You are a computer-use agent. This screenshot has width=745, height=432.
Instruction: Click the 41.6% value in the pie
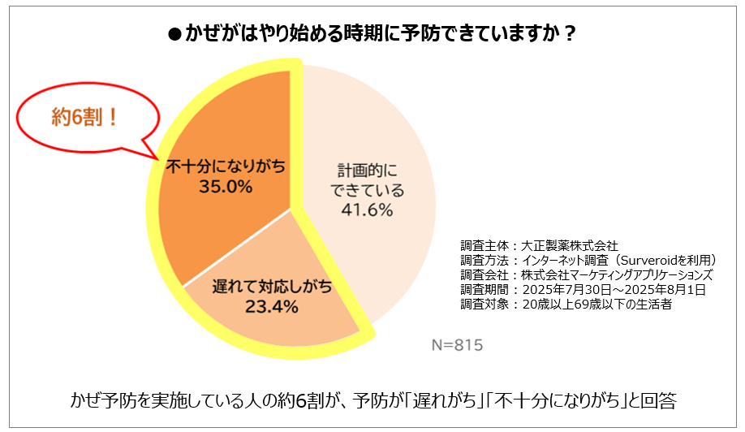366,210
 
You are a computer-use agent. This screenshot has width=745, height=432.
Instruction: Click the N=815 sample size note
456,345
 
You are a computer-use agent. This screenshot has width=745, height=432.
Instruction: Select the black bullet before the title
172,34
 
